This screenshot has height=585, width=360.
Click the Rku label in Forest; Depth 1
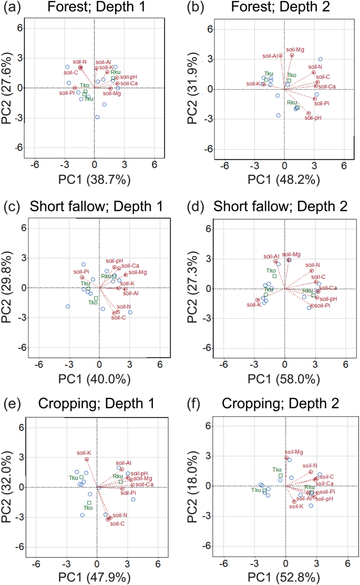pyautogui.click(x=116, y=72)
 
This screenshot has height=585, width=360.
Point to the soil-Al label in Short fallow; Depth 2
pyautogui.click(x=271, y=256)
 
